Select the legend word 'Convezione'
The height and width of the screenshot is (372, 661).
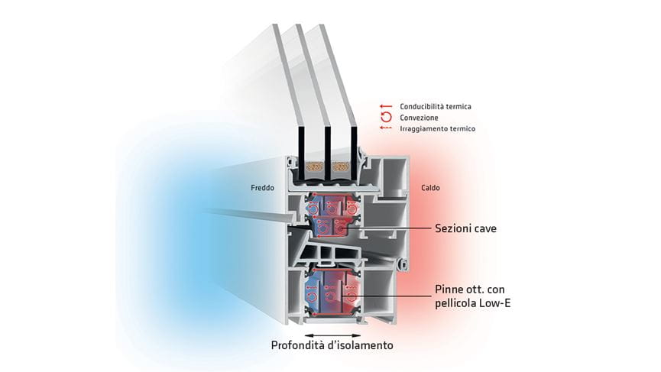418,118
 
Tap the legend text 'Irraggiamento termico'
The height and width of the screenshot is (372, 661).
437,129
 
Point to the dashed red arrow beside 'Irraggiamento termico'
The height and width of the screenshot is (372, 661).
386,129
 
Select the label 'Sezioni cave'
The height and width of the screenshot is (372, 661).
466,228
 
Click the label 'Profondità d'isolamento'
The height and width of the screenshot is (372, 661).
332,345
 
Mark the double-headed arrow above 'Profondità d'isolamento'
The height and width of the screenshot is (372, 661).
332,334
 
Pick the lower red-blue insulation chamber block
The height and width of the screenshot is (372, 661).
332,290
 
